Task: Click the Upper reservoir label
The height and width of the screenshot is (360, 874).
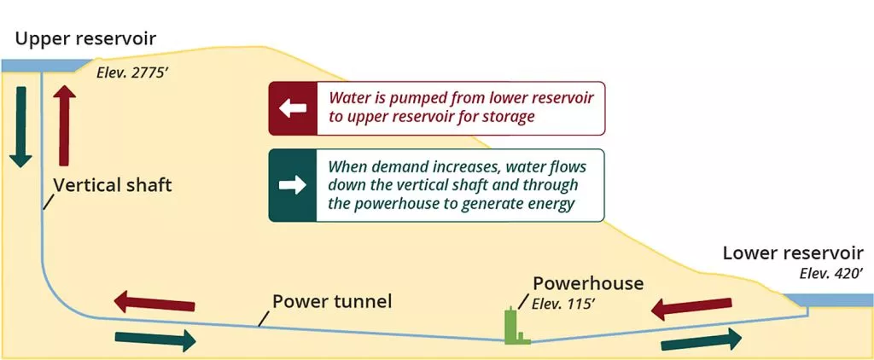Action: [86, 39]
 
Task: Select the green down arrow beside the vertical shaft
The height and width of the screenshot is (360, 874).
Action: [20, 126]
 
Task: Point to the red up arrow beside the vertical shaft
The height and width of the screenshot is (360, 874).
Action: [64, 125]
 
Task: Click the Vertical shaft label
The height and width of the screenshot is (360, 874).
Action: [113, 185]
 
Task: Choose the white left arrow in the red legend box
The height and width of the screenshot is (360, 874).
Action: [293, 108]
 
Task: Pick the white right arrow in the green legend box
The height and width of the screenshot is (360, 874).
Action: [293, 185]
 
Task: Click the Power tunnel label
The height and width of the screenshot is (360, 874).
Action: [332, 301]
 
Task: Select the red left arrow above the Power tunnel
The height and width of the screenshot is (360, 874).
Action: [154, 302]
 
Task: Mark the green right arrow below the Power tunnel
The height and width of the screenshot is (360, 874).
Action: [155, 340]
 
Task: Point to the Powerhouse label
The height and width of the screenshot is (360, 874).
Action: [588, 284]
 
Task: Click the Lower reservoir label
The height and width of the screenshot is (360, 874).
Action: [793, 253]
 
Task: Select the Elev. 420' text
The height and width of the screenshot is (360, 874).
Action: [831, 274]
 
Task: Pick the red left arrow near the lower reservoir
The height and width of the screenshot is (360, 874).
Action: [691, 308]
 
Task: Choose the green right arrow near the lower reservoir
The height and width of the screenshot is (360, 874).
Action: [702, 340]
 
